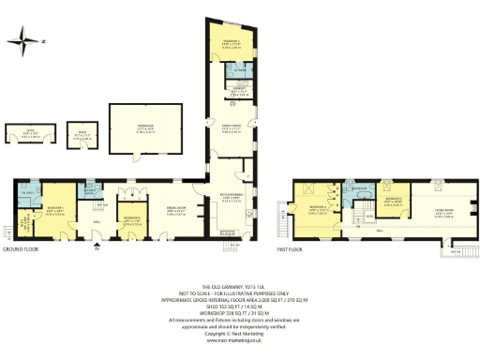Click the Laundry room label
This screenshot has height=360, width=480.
(x=233, y=91)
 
